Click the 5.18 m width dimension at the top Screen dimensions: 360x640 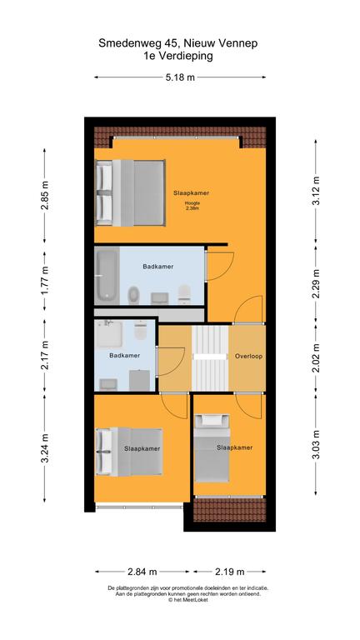[x=180, y=77]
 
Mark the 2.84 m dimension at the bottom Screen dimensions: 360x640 [x=142, y=572]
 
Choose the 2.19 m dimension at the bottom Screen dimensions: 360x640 [x=229, y=572]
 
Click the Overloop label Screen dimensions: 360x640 [x=248, y=357]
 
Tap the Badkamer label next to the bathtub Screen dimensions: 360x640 [x=158, y=267]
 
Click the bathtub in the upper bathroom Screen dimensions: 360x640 [x=107, y=275]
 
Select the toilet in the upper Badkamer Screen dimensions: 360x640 [x=184, y=294]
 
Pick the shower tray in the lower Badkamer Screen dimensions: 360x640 [x=108, y=334]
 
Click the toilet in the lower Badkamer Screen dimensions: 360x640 [x=140, y=330]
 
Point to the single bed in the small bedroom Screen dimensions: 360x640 [x=212, y=448]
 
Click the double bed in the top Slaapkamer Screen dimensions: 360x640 [x=130, y=192]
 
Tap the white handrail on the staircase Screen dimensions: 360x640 [x=210, y=357]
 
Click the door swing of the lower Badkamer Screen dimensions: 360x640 [x=172, y=361]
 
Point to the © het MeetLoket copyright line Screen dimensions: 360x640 [x=187, y=600]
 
